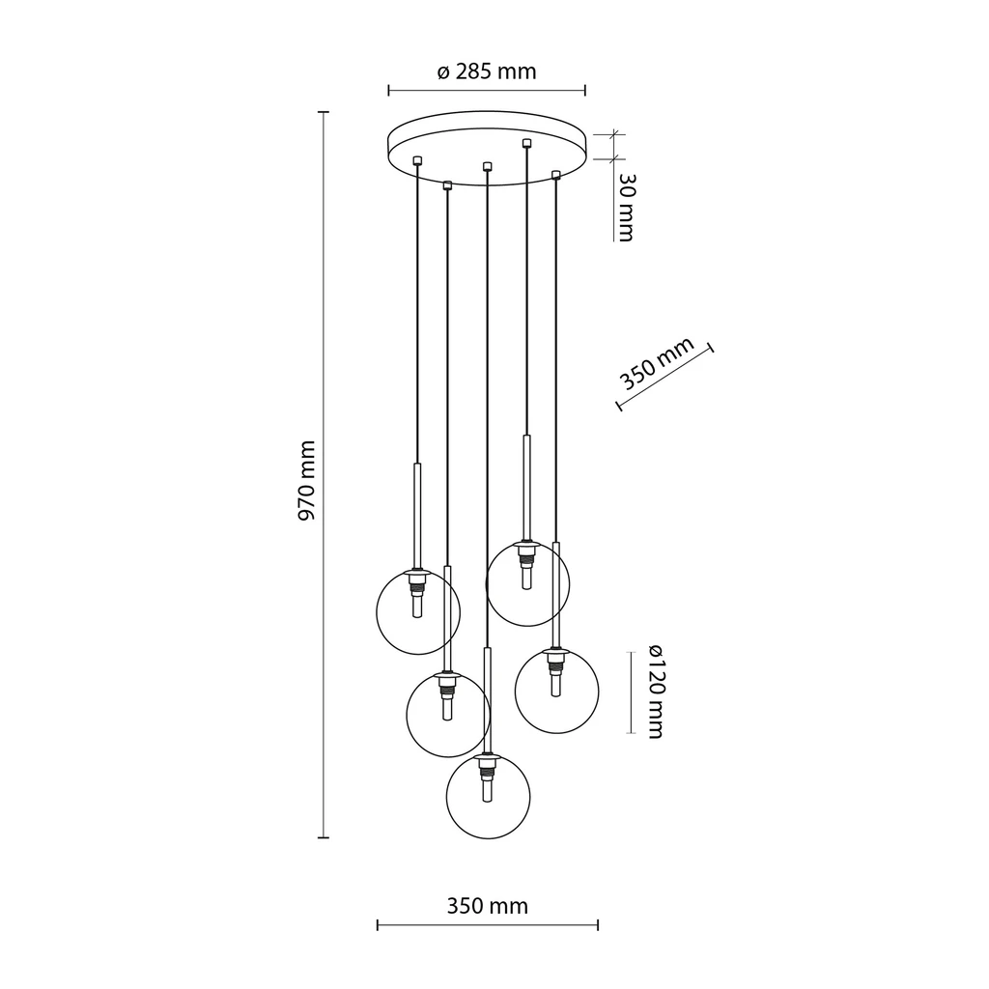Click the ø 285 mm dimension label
[486, 71]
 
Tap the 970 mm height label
[306, 481]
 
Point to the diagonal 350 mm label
[657, 363]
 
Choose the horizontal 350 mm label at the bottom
[487, 906]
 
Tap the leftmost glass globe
[417, 611]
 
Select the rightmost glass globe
[556, 690]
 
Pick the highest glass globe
[527, 583]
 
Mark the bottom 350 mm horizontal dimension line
[487, 926]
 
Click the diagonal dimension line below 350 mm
[664, 378]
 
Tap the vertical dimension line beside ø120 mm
[632, 692]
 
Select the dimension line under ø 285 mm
[487, 91]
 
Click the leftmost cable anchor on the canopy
[416, 160]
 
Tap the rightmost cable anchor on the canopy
[555, 174]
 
